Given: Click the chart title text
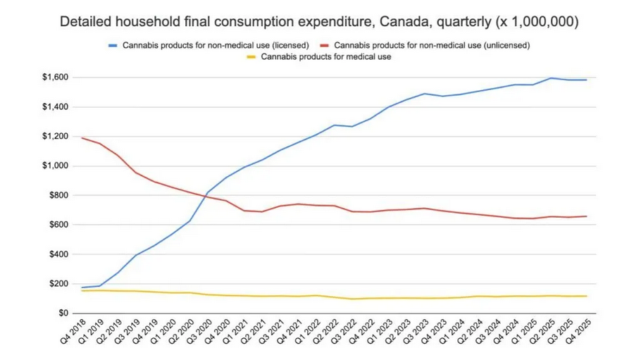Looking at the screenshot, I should point(320,23).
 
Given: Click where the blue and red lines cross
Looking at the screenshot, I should point(206,195).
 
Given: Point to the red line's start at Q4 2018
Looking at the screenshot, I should point(82,138).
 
